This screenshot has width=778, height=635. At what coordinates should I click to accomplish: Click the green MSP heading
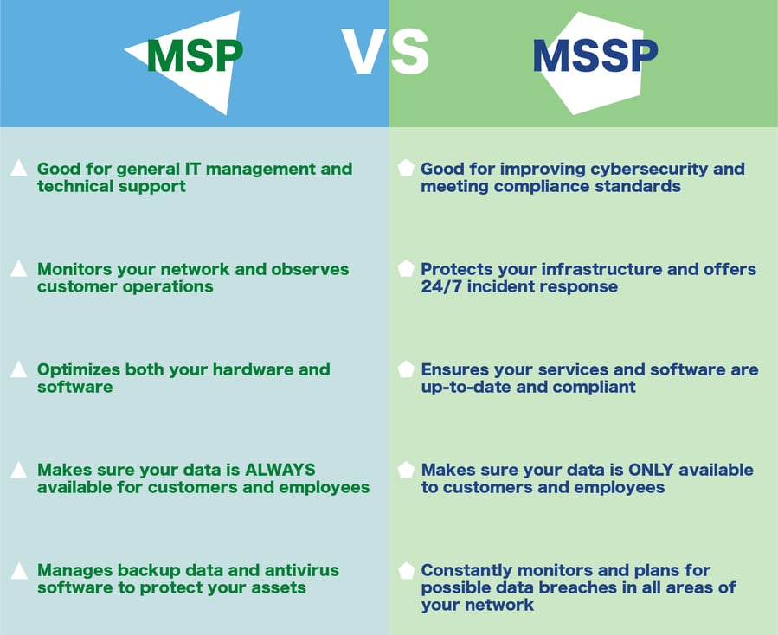tap(194, 55)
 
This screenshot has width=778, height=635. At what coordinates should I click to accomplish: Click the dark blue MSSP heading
tap(595, 55)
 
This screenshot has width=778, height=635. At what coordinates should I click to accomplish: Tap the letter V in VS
tap(363, 53)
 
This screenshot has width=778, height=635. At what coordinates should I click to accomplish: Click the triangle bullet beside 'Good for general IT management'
tap(18, 169)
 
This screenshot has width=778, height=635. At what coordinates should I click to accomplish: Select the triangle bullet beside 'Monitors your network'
tap(18, 269)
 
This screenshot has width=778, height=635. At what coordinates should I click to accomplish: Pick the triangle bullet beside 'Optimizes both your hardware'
tap(18, 370)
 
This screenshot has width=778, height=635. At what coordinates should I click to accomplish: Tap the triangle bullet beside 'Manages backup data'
tap(18, 571)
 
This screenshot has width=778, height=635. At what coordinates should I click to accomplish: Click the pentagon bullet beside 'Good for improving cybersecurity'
tap(405, 169)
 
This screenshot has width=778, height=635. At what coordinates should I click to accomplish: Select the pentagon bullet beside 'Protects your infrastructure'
tap(405, 269)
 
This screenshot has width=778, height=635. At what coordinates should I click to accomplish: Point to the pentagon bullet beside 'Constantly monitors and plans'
tap(405, 571)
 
